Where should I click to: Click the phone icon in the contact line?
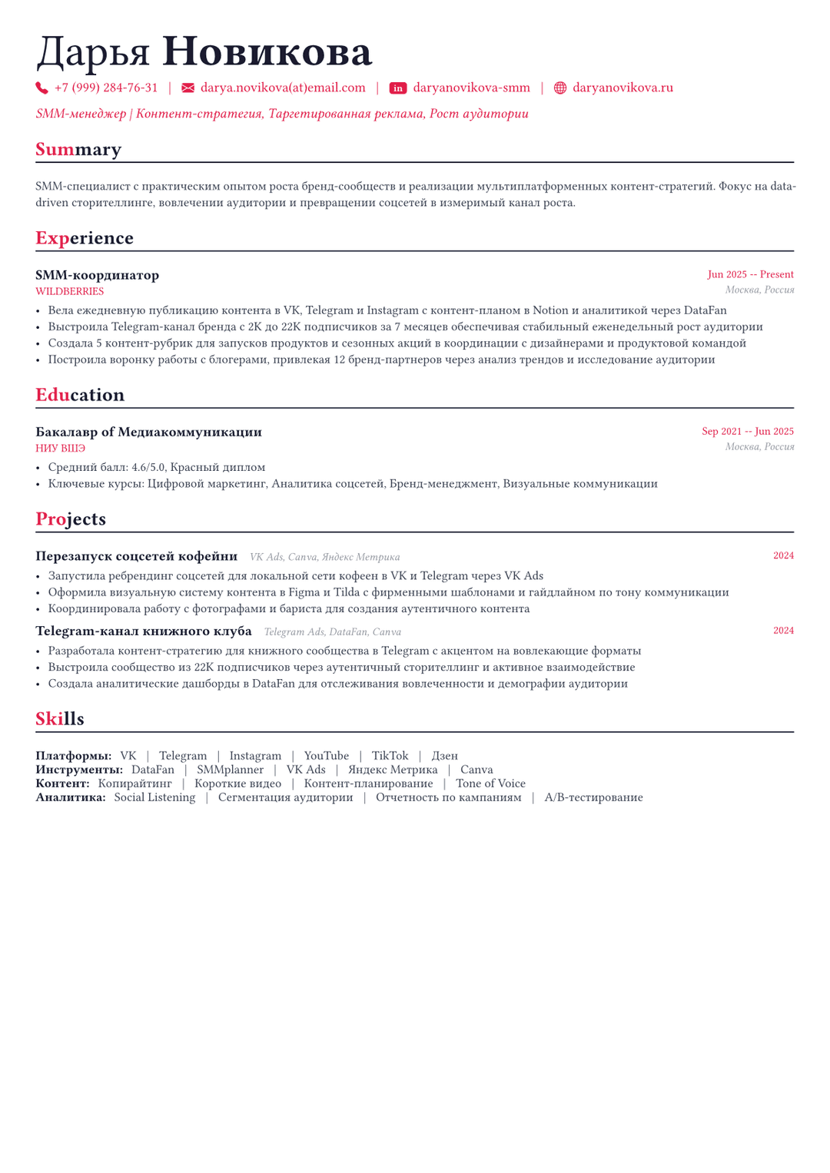[41, 88]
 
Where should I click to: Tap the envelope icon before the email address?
[188, 88]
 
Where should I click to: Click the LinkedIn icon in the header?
[398, 88]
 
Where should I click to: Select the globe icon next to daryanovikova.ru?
[560, 88]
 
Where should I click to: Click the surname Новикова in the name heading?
[267, 52]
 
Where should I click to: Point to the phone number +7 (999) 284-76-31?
[106, 88]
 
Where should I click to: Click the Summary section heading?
[78, 149]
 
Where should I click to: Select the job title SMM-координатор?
[97, 275]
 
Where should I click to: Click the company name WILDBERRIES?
[69, 292]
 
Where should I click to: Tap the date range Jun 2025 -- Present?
[750, 274]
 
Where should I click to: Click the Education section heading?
[80, 395]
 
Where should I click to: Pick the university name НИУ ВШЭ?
[60, 449]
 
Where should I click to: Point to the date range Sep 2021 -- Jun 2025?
[747, 432]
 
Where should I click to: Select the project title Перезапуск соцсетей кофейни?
[136, 556]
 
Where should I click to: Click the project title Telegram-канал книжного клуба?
[143, 631]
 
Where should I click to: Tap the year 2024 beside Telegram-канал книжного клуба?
[783, 631]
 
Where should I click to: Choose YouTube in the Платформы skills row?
[326, 756]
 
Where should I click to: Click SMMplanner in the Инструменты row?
[230, 770]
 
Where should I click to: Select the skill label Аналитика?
[71, 797]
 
